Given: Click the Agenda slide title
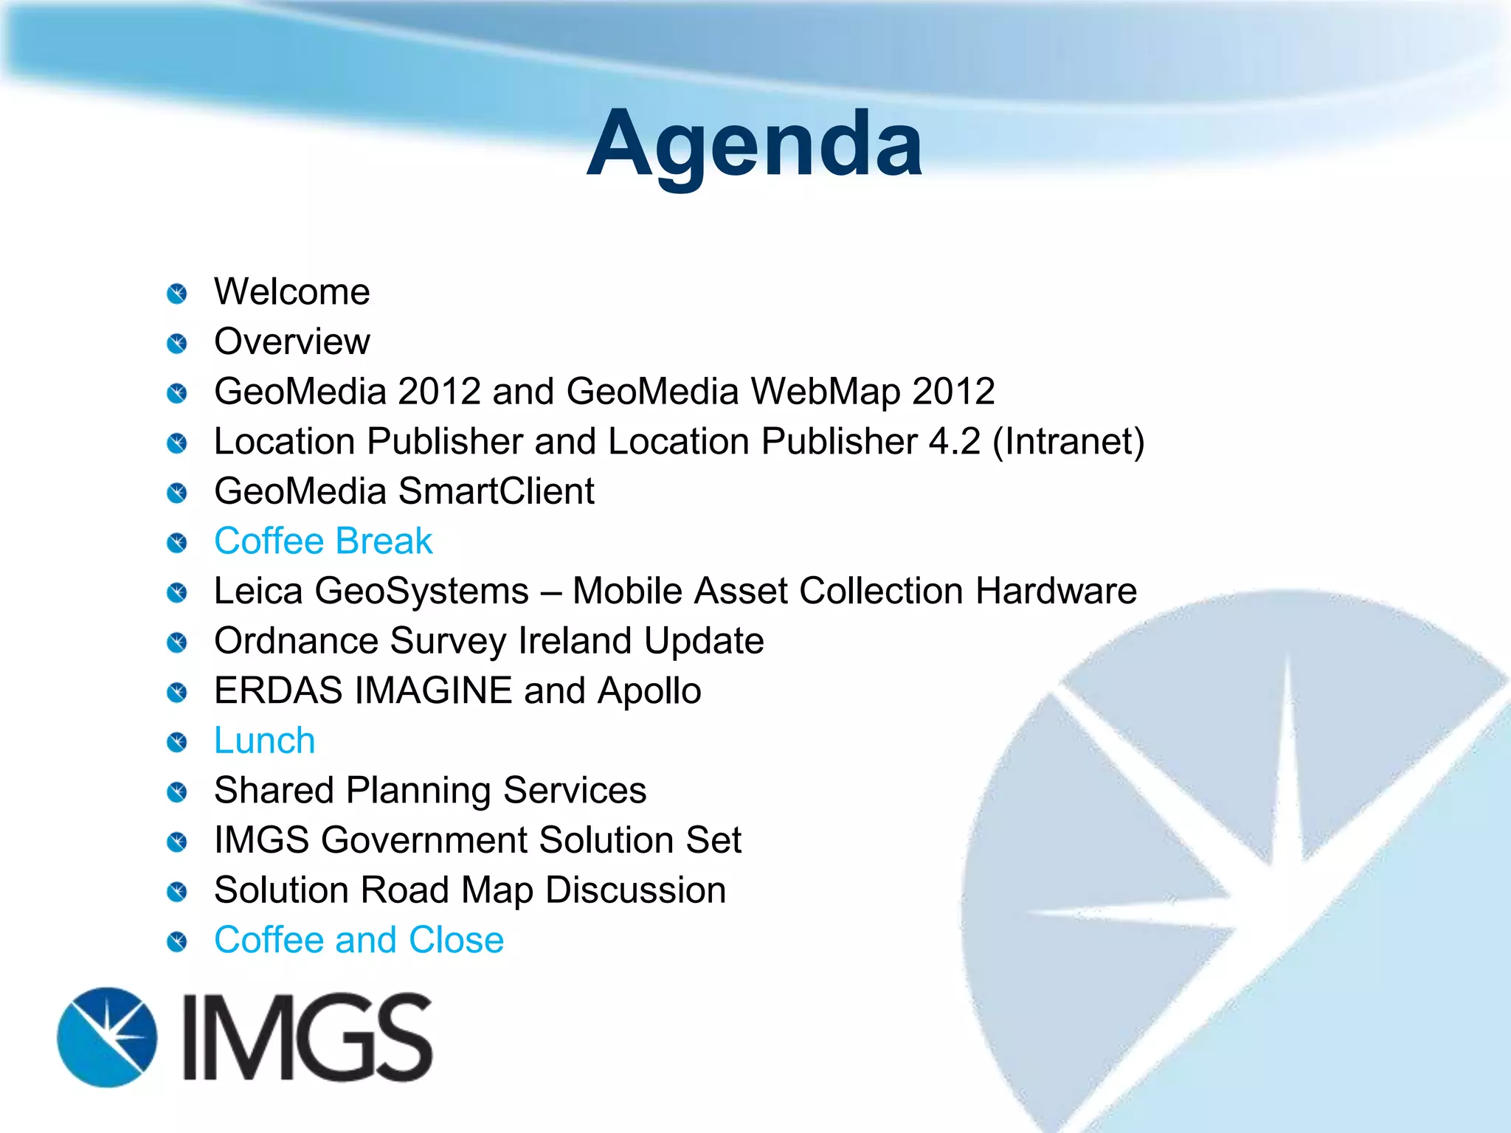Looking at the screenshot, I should (x=754, y=143).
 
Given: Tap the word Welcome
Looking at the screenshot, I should (x=292, y=292).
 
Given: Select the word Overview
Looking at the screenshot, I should (x=292, y=342).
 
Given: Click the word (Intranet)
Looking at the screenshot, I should (x=1068, y=442).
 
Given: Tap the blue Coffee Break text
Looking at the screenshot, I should (x=323, y=541).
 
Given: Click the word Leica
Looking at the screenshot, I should (x=258, y=592).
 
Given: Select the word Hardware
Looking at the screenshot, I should (x=1056, y=592).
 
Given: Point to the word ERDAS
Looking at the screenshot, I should (x=278, y=691).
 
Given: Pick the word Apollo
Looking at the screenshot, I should (x=649, y=691).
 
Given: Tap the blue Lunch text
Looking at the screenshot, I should (x=264, y=741).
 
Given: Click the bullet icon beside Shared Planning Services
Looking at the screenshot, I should (x=177, y=793).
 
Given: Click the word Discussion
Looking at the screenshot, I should (x=635, y=890).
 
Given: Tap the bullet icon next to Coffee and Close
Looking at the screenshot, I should (x=177, y=942).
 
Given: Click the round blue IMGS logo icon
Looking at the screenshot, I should (x=108, y=1037).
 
